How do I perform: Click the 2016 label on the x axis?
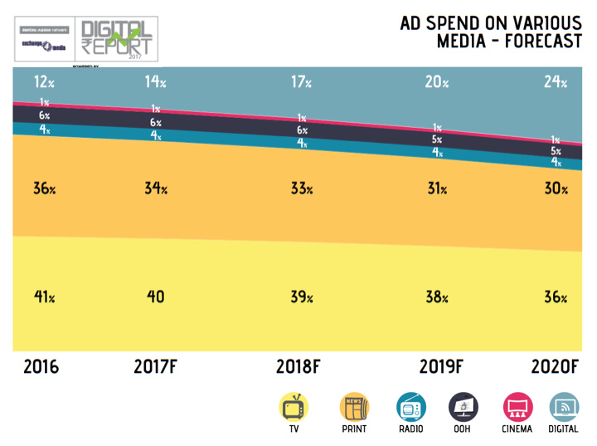click(41, 366)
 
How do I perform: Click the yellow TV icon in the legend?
click(294, 408)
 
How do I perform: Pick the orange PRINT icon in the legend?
click(353, 408)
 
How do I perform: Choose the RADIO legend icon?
click(410, 408)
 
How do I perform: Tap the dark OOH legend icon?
click(463, 408)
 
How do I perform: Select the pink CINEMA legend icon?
click(517, 408)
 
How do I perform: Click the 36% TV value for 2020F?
click(555, 297)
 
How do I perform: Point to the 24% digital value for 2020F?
click(555, 81)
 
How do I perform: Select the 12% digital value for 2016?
click(44, 81)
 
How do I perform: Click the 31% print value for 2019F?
click(437, 189)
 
